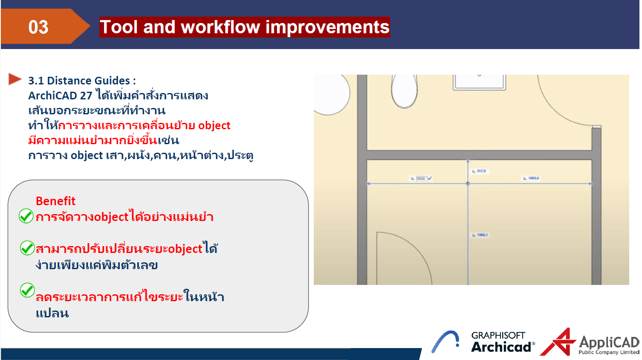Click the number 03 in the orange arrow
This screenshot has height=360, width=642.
tap(38, 27)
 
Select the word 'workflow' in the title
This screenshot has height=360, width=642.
tap(220, 27)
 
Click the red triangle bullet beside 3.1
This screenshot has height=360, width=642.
tap(14, 79)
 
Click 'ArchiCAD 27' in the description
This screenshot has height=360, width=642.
tap(60, 96)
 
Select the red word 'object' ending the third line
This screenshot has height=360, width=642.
tap(214, 125)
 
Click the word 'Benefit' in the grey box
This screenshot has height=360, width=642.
tap(55, 201)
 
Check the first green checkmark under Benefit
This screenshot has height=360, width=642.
tap(26, 216)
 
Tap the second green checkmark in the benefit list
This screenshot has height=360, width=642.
tap(27, 248)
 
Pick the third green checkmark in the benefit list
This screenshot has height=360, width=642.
tap(27, 290)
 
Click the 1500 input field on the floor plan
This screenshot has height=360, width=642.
tap(421, 178)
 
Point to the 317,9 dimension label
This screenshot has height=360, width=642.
tap(480, 171)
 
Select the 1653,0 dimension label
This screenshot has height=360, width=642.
tap(533, 178)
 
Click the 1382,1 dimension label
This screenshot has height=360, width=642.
tap(482, 235)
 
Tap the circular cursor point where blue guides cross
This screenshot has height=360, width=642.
tap(468, 183)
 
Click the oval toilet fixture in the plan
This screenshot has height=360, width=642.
tap(404, 91)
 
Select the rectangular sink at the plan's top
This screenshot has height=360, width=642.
tap(480, 82)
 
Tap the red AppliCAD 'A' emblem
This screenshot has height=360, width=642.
tap(559, 342)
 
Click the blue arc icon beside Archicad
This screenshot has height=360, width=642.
tap(445, 341)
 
